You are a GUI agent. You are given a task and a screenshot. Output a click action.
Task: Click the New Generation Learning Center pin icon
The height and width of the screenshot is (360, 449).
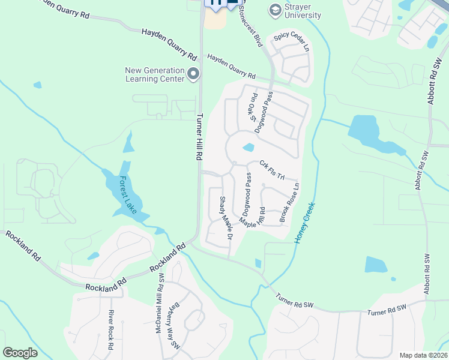193,74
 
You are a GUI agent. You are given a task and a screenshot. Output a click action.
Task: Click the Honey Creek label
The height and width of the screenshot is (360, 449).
304,223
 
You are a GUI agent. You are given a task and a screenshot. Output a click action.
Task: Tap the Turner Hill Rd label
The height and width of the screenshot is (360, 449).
199,137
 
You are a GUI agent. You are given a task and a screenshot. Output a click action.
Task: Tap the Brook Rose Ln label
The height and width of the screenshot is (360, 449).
289,203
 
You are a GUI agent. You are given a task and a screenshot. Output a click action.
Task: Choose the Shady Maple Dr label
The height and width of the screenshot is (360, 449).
225,219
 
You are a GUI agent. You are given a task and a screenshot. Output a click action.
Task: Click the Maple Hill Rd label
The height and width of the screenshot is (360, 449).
253,217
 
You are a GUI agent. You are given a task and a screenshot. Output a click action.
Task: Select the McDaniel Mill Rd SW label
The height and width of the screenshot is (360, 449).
160,304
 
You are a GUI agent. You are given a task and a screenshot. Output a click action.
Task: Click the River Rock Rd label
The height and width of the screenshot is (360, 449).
111,329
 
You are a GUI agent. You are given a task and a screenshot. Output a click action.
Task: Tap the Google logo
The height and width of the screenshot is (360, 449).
20,353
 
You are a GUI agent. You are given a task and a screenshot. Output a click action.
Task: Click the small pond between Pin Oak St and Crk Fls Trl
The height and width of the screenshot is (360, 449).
248,147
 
